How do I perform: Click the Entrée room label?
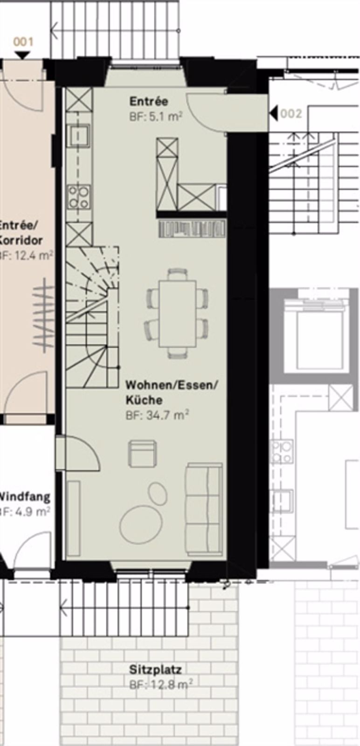click(149, 102)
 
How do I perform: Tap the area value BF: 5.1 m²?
click(155, 117)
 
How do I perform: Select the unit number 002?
click(291, 114)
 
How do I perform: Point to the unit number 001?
click(23, 42)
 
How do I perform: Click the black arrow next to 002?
click(274, 113)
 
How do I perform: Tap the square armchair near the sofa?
click(142, 453)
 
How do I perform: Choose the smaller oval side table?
click(158, 493)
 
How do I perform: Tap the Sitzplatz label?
click(155, 670)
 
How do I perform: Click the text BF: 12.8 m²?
click(161, 684)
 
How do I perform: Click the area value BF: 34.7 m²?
click(157, 415)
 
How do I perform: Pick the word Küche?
click(144, 400)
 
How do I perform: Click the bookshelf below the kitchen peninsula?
click(192, 229)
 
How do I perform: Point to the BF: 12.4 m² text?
click(26, 256)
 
